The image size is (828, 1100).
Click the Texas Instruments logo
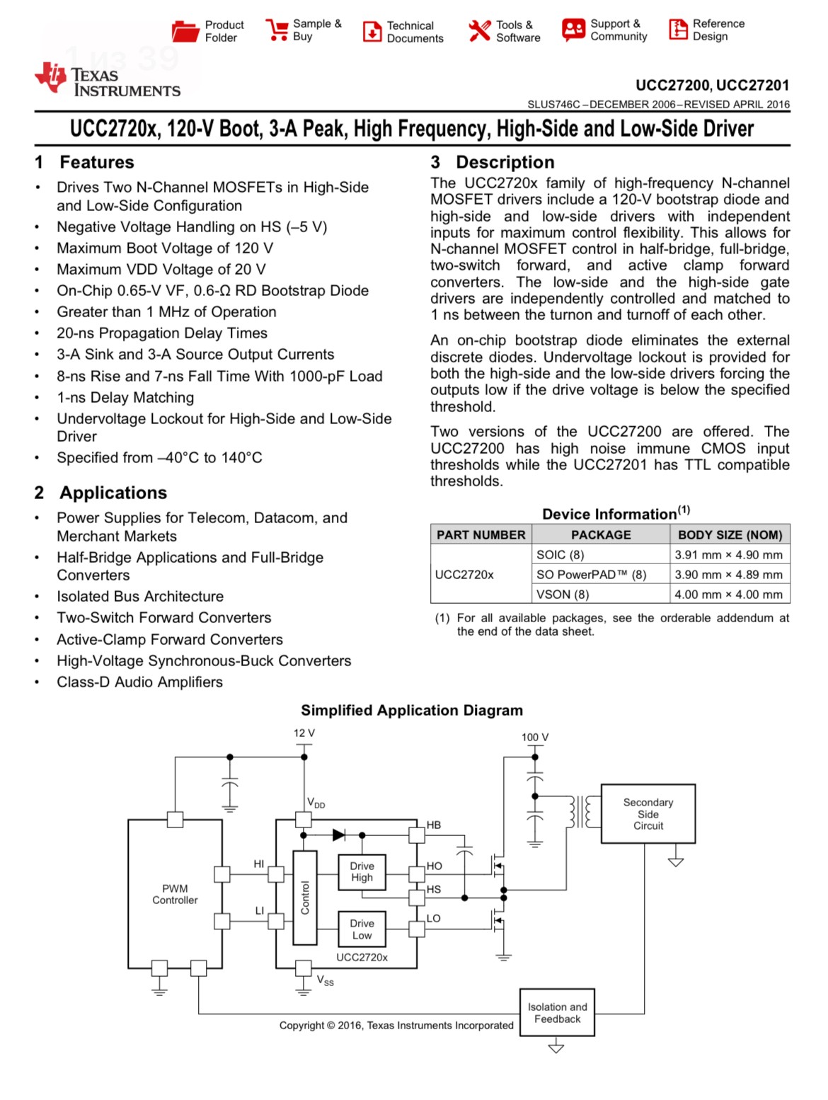coord(108,80)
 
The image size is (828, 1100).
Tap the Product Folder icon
coord(185,31)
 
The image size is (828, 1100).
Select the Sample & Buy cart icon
coord(276,30)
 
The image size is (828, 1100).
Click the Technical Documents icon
coord(372,31)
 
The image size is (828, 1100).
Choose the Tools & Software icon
coord(479,30)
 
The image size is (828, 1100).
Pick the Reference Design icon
coord(678,30)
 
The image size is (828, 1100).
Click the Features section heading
coord(96,162)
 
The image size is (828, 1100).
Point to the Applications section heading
coord(113,493)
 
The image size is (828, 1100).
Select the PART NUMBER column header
coord(481,534)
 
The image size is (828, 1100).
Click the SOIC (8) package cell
coord(560,555)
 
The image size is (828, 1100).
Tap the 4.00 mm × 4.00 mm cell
coord(728,595)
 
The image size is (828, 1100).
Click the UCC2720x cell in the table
coord(464,575)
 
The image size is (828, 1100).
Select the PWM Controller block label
coord(175,894)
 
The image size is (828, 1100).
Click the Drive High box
coord(362,871)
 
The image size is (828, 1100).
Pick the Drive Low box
coord(362,929)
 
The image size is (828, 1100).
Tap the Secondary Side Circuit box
coord(648,814)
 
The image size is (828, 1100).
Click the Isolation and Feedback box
coord(557,1013)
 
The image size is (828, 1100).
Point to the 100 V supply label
coord(534,737)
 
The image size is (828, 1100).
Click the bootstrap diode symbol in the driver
coord(339,835)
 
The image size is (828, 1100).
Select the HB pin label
coord(434,825)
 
